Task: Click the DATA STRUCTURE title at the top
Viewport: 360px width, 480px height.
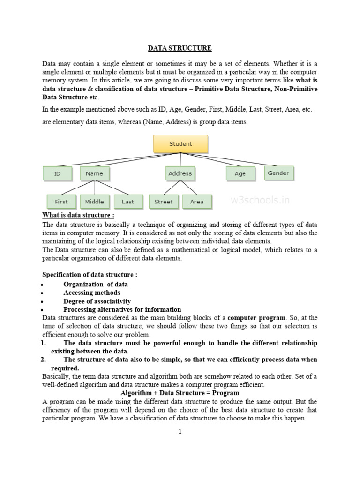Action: [x=180, y=48]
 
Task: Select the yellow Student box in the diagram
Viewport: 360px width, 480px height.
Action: [x=180, y=144]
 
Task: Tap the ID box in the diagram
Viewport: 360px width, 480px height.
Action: [x=58, y=173]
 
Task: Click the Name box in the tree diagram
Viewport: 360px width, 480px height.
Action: [x=94, y=173]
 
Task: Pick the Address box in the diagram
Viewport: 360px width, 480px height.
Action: [x=180, y=173]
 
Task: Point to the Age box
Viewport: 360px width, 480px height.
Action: [x=240, y=173]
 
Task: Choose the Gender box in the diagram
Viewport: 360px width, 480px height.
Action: [x=278, y=173]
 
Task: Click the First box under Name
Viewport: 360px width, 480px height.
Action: [x=61, y=202]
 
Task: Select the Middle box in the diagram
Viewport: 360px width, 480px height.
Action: [x=94, y=202]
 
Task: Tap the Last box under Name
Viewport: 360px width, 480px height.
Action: [x=127, y=202]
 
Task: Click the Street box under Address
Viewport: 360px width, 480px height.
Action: [x=164, y=202]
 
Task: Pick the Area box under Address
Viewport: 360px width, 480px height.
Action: [x=197, y=202]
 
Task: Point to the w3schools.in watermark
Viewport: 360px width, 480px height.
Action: [x=260, y=201]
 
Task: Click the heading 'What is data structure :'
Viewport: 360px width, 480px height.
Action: [x=78, y=215]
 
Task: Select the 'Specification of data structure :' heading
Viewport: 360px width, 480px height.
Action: [x=90, y=275]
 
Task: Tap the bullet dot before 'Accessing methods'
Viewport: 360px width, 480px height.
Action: [x=42, y=293]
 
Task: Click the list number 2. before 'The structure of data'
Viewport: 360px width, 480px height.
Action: [x=43, y=360]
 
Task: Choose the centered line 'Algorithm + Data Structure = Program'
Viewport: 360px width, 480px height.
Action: [x=180, y=393]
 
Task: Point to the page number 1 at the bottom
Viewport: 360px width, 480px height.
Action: [x=180, y=432]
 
